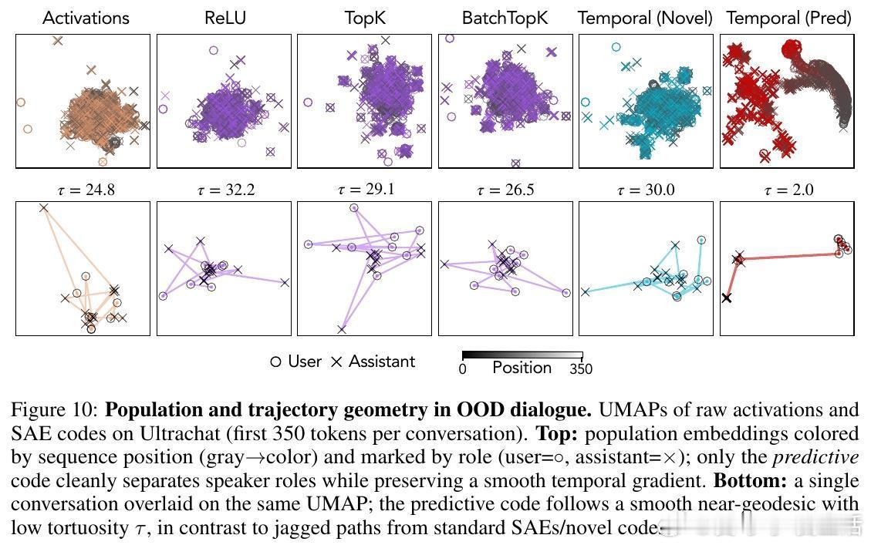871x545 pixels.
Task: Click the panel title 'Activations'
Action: [86, 18]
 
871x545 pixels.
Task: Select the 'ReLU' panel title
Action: [225, 18]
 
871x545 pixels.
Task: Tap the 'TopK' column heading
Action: [364, 18]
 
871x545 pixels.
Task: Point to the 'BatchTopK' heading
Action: [505, 18]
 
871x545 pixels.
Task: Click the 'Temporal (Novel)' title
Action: [645, 18]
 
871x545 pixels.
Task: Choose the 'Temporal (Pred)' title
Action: [788, 18]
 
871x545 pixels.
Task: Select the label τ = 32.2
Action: [225, 190]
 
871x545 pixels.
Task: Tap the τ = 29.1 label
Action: [365, 189]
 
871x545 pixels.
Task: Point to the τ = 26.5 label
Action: [505, 190]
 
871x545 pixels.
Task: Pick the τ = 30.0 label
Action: [646, 190]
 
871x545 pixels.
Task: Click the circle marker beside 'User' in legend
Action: [275, 362]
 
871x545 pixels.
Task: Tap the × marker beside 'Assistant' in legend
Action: [336, 362]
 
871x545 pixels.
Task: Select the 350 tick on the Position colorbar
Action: [581, 369]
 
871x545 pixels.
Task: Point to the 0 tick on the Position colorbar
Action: [463, 369]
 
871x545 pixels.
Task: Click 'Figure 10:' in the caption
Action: [55, 409]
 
